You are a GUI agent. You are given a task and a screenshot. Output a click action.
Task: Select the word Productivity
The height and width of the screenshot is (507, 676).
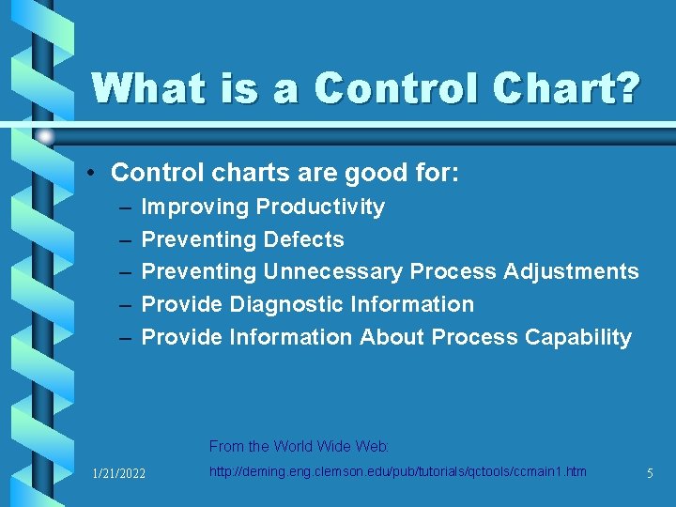pos(320,207)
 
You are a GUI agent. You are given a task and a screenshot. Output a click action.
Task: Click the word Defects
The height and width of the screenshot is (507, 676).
pos(304,239)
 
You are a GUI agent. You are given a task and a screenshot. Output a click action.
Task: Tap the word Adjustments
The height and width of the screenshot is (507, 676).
pos(571,271)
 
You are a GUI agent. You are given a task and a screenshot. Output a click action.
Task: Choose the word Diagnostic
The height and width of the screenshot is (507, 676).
pos(286,304)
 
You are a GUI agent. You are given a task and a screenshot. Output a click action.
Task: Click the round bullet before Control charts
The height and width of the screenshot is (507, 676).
pos(96,174)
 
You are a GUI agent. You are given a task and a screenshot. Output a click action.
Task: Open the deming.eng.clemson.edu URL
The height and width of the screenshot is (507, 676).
pos(397,471)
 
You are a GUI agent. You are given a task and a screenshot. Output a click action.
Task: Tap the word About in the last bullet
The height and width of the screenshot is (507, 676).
pos(392,337)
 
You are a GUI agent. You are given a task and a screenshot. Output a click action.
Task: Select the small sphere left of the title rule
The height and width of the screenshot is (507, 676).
pos(44,137)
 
